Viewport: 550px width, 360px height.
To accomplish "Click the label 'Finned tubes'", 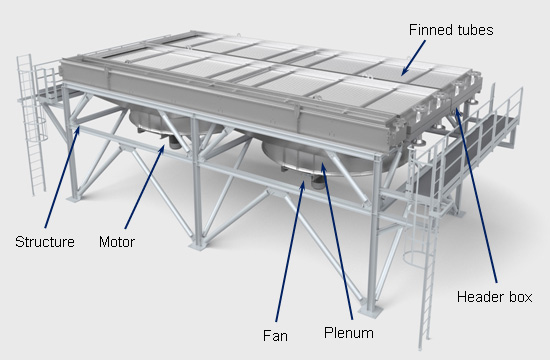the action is pos(451,30).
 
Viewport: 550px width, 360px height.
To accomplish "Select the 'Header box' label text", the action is pos(495,297).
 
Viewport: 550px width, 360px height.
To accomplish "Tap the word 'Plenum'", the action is pos(349,333).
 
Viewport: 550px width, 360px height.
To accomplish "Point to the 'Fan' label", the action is pos(275,336).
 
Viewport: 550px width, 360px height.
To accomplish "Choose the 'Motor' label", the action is pos(117,242).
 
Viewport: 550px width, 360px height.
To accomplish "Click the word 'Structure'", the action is pos(45,242).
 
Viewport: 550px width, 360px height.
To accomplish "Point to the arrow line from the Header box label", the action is pos(476,196).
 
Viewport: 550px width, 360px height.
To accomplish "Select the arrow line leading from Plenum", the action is pos(337,241).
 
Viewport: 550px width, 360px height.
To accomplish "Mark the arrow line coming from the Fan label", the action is pos(290,251).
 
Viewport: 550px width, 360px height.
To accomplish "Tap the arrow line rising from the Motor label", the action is pos(145,187).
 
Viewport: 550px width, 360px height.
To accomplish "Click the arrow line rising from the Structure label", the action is pos(62,177).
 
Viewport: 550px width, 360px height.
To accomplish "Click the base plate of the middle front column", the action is pos(197,245).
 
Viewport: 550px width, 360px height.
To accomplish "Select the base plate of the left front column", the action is pos(75,199).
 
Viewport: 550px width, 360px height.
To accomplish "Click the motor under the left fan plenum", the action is pos(173,142).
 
